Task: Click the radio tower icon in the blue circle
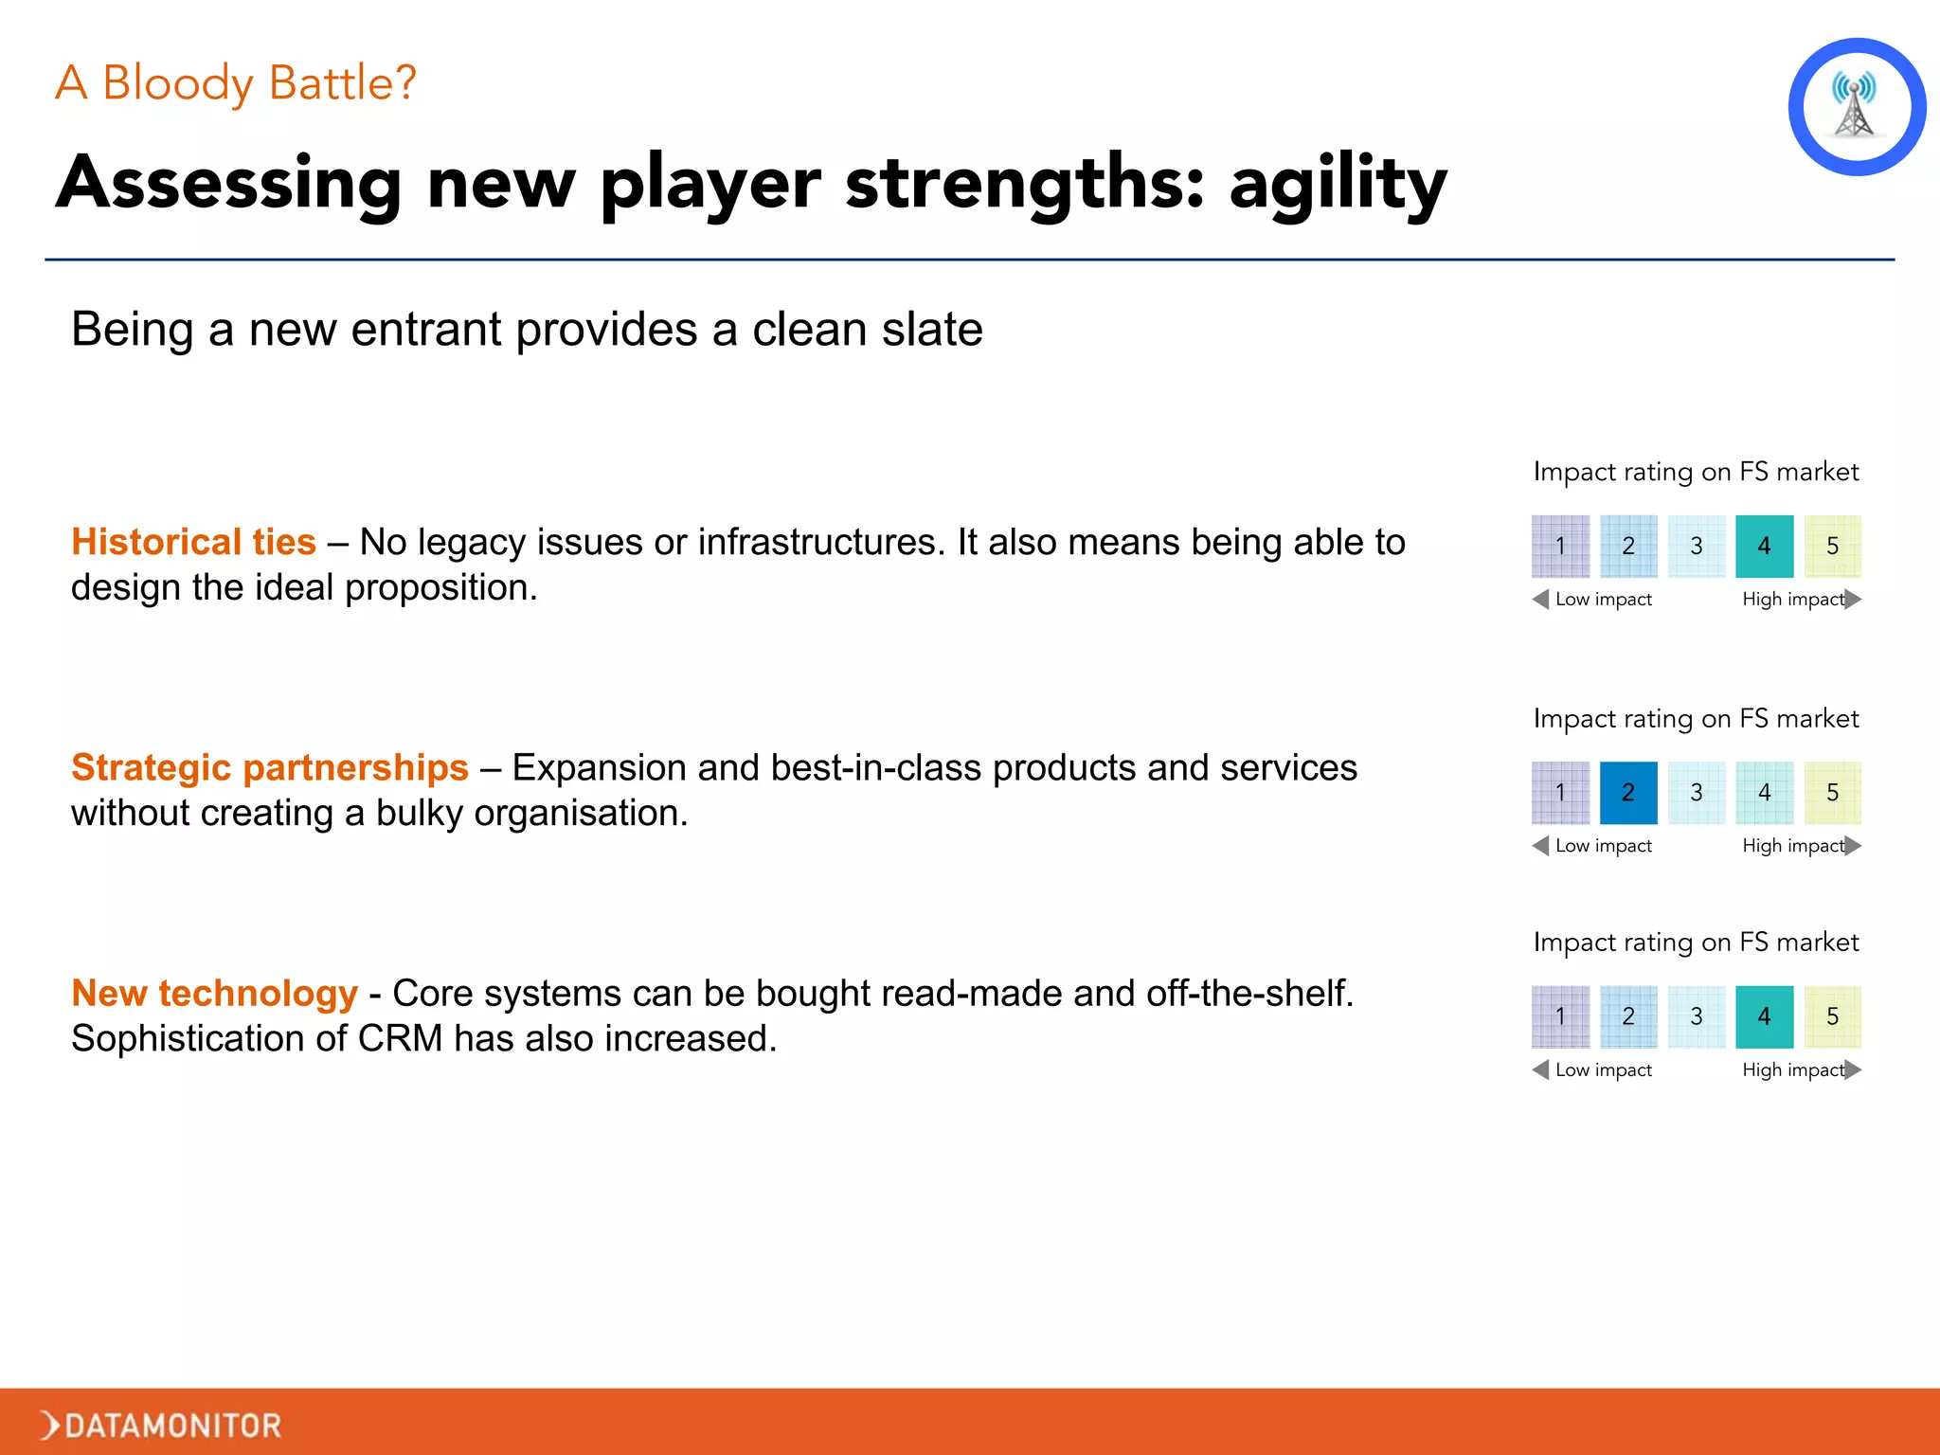(1855, 106)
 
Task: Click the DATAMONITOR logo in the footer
(161, 1424)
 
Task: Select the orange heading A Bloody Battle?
(236, 83)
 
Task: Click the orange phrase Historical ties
(193, 542)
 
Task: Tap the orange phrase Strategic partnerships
(270, 767)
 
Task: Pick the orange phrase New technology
(215, 993)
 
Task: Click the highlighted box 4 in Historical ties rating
(1764, 546)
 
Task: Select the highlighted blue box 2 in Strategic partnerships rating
(1628, 792)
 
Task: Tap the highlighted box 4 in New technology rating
(1764, 1016)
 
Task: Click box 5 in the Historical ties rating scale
(1832, 546)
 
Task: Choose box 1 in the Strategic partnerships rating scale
(1560, 792)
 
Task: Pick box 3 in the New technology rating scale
(1697, 1016)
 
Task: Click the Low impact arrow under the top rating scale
(1541, 599)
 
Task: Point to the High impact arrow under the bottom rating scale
(1853, 1069)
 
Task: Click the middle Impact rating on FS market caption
(1696, 718)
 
